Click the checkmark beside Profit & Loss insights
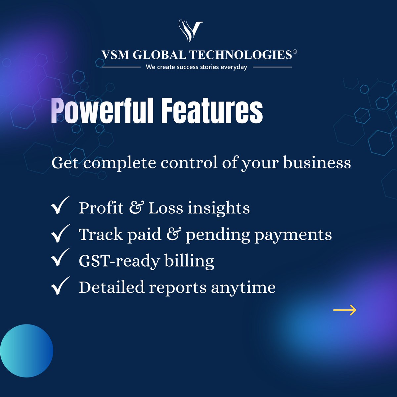pyautogui.click(x=60, y=205)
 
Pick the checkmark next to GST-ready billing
pyautogui.click(x=60, y=258)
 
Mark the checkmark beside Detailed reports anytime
pyautogui.click(x=60, y=285)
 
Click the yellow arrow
pyautogui.click(x=344, y=310)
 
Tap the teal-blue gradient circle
pyautogui.click(x=26, y=351)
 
